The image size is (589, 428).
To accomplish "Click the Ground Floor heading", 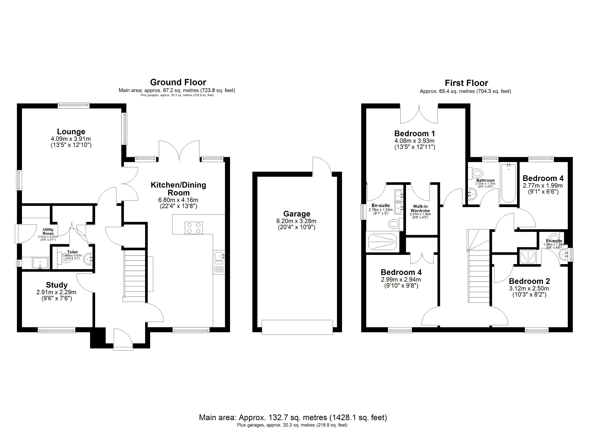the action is click(178, 82).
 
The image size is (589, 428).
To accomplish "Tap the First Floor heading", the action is click(466, 83).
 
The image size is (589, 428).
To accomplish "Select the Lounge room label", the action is click(71, 132).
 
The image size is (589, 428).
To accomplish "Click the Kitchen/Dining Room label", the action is click(178, 189).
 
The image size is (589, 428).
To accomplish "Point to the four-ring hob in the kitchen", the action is click(194, 228).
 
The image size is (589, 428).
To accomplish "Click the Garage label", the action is click(297, 214).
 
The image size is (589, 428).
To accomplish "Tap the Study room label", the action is click(57, 285).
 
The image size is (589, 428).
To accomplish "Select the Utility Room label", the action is click(48, 231).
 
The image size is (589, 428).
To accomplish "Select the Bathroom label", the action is click(485, 180).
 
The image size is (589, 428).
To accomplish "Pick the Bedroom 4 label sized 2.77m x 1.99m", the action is click(543, 178).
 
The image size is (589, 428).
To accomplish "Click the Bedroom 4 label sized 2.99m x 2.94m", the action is click(401, 272).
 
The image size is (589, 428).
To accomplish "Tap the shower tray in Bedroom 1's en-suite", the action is click(382, 242).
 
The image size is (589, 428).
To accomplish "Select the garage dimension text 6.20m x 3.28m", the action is click(296, 221).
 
